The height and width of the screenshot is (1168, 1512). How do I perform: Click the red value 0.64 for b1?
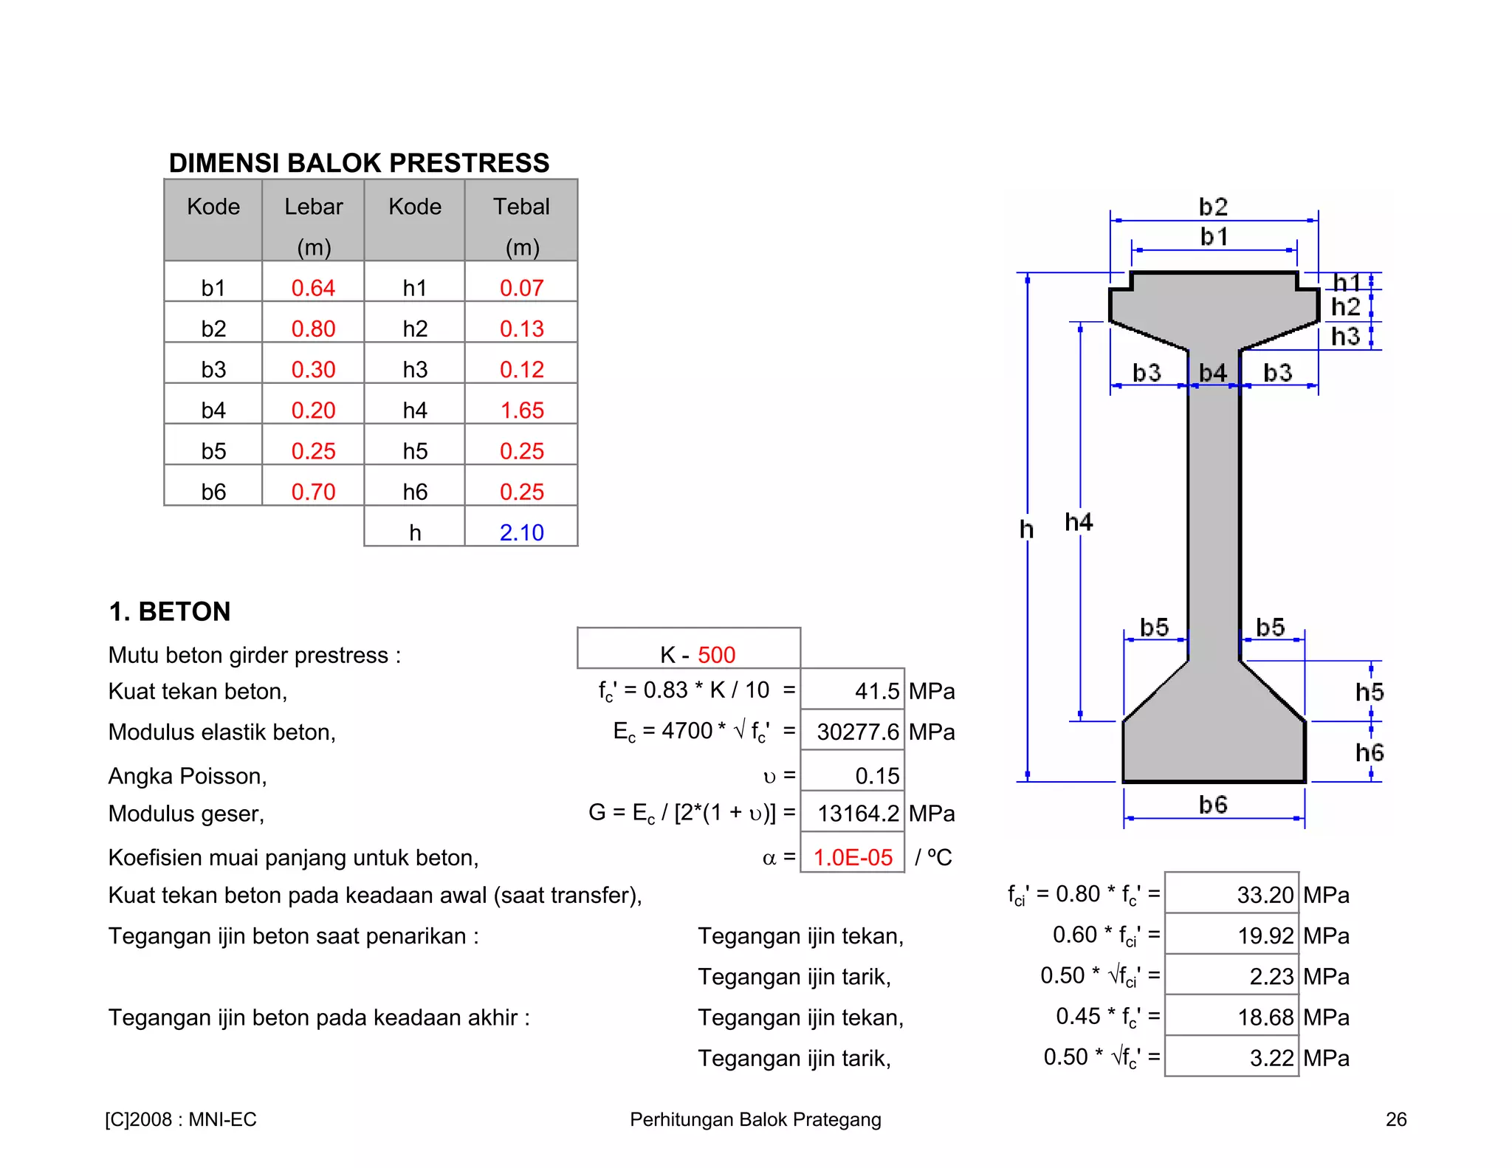[313, 288]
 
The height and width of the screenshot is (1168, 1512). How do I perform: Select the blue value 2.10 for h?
[521, 532]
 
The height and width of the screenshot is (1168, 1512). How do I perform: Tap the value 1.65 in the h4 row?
[522, 410]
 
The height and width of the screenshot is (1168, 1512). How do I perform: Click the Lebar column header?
[314, 207]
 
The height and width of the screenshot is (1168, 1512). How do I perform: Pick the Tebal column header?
[521, 207]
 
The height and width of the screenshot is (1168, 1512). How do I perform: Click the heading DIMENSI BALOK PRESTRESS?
[359, 163]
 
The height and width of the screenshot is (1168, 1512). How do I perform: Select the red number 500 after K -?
[716, 655]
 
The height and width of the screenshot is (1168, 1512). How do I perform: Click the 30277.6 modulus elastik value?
[857, 732]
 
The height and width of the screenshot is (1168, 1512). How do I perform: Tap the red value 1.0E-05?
[853, 857]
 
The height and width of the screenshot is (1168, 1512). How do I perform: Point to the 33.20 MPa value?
[1265, 895]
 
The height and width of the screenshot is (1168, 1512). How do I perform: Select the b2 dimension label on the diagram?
[1213, 207]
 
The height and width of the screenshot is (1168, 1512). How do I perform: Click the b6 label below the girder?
[1213, 804]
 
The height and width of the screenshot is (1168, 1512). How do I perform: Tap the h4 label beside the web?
[1079, 523]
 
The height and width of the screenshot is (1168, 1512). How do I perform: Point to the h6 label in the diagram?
[1370, 753]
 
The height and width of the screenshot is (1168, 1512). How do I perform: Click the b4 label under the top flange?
[1213, 373]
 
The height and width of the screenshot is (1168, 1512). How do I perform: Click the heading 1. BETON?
[170, 612]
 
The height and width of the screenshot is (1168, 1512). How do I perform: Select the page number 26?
[1395, 1119]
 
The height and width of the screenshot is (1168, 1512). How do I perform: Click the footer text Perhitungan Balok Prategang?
[755, 1119]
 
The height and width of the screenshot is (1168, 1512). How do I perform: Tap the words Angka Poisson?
[187, 776]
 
